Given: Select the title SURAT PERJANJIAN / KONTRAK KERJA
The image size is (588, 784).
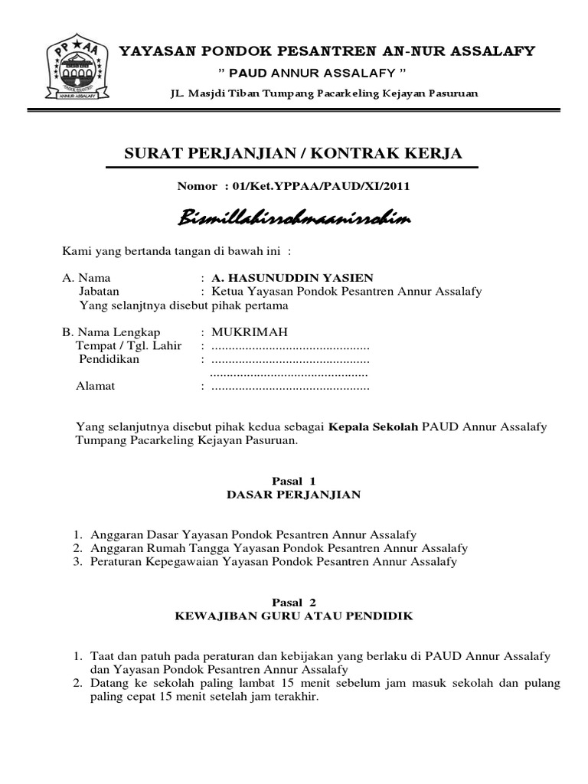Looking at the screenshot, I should pyautogui.click(x=293, y=154).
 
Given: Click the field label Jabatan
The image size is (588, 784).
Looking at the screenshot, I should pyautogui.click(x=99, y=291).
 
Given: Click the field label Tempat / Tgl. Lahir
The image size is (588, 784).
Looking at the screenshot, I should pyautogui.click(x=129, y=345).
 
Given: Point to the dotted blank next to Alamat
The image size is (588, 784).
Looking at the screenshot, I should pyautogui.click(x=289, y=387).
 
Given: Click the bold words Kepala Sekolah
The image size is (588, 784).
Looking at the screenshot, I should pyautogui.click(x=374, y=426).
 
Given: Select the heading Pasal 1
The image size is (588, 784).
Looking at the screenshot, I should pyautogui.click(x=294, y=480).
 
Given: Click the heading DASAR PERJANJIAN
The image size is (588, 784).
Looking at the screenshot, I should pyautogui.click(x=294, y=495).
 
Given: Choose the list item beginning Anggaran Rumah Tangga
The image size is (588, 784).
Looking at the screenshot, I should pyautogui.click(x=279, y=548).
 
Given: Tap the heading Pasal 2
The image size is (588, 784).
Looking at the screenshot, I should pyautogui.click(x=294, y=603).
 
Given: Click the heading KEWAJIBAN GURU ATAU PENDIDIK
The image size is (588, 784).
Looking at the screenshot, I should pyautogui.click(x=294, y=617).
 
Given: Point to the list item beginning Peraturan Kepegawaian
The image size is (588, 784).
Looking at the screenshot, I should pyautogui.click(x=273, y=562).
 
